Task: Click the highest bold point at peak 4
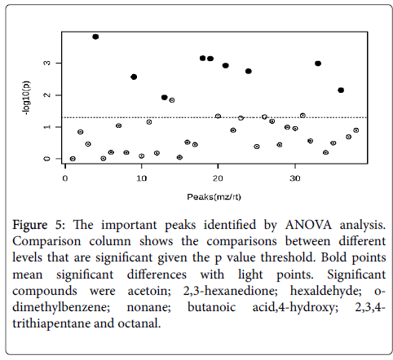(95, 37)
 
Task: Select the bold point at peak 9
(134, 77)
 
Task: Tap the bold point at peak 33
(318, 64)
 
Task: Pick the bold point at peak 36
(341, 90)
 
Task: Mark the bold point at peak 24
(249, 71)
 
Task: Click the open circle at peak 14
(172, 100)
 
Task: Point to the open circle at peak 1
(73, 159)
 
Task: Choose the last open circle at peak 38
(356, 130)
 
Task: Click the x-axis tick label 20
(218, 178)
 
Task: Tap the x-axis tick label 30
(294, 178)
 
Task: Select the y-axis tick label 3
(47, 63)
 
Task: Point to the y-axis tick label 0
(47, 159)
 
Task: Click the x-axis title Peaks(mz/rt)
(214, 197)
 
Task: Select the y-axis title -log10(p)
(27, 98)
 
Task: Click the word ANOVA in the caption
(308, 226)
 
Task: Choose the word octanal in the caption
(139, 323)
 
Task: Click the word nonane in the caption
(148, 308)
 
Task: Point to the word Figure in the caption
(30, 226)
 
